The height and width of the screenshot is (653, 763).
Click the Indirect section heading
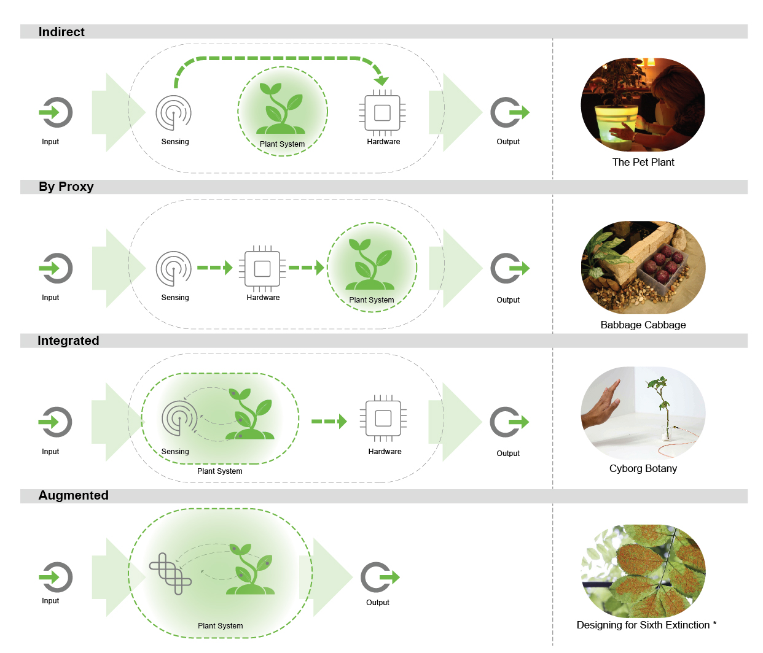click(61, 32)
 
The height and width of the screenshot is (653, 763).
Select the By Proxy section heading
click(66, 187)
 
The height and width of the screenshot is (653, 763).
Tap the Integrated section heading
click(68, 341)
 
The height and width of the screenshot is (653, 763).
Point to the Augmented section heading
click(74, 495)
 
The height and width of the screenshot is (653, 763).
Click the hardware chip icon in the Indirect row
click(382, 113)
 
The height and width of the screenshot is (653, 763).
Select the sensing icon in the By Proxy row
click(173, 268)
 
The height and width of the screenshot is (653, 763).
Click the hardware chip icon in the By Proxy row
click(262, 268)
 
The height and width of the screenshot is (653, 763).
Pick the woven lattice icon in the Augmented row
click(170, 574)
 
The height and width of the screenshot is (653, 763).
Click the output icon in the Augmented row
click(380, 577)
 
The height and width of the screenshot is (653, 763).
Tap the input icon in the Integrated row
click(55, 422)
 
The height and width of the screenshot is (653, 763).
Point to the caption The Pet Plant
click(643, 162)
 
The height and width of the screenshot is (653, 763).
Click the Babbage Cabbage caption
click(643, 325)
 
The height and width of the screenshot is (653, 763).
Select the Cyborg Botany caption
click(643, 468)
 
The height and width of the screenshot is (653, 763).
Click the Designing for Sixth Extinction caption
click(646, 625)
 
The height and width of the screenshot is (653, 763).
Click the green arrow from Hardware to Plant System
click(306, 268)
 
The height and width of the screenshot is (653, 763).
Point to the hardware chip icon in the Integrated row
click(383, 419)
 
